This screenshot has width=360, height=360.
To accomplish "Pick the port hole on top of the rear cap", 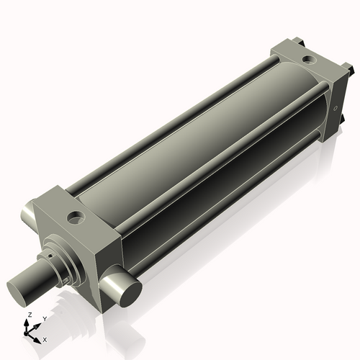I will pyautogui.click(x=308, y=59).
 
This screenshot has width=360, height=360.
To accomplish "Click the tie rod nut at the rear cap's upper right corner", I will pyautogui.click(x=349, y=71).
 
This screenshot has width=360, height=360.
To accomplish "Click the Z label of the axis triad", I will pyautogui.click(x=28, y=315).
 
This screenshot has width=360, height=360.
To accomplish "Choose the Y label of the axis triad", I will pyautogui.click(x=44, y=318).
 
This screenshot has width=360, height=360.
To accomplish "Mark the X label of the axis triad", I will pyautogui.click(x=45, y=338).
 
